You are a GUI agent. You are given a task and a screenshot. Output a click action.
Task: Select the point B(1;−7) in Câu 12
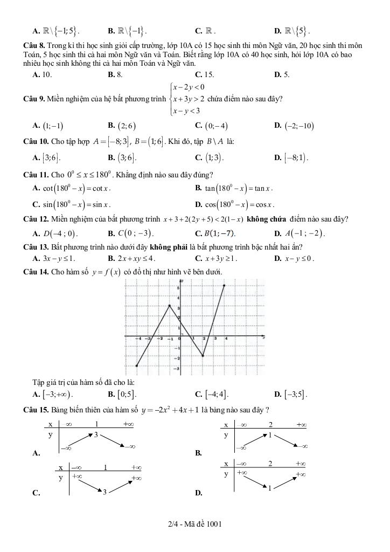219,233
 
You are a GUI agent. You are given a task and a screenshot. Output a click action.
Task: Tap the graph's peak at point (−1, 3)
170,306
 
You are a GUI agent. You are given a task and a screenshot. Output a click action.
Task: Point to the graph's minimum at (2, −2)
203,356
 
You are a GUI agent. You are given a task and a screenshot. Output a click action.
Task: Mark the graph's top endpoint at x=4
224,285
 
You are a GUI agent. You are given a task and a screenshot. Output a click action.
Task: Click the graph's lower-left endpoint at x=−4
137,366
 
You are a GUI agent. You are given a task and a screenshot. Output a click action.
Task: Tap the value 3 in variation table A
96,434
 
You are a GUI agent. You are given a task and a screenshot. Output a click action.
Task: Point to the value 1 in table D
269,488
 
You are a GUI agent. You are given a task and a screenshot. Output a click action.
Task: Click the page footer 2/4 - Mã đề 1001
195,523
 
